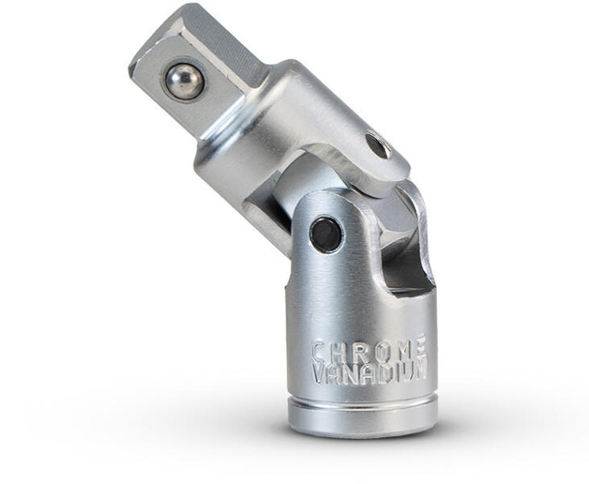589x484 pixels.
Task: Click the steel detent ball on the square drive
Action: [x=185, y=81]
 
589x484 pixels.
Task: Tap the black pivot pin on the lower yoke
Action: [x=326, y=235]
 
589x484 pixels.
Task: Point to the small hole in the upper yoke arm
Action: [x=378, y=145]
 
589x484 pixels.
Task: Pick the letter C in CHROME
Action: [x=319, y=351]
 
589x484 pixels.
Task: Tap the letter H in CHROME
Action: [x=339, y=350]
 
